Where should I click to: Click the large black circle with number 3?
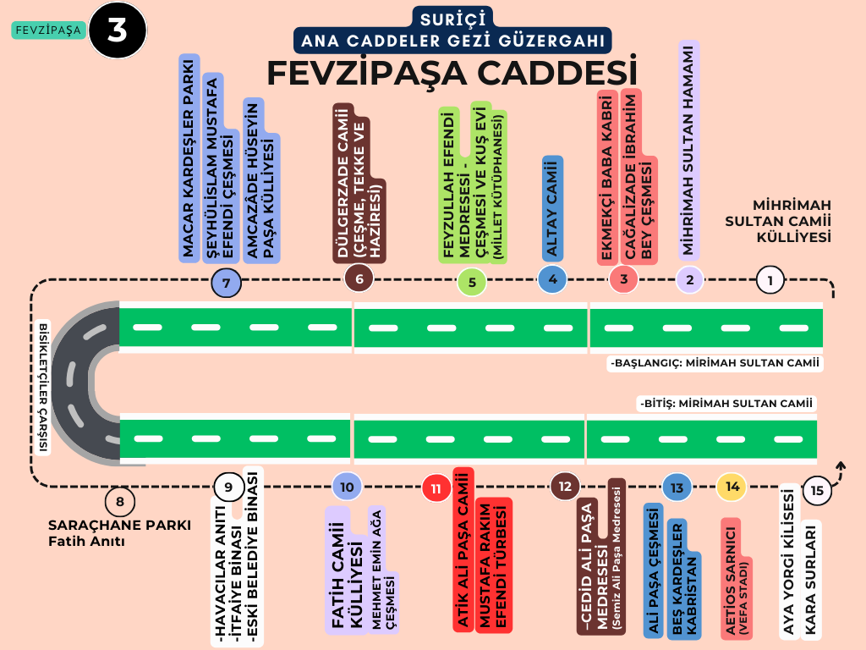click(117, 30)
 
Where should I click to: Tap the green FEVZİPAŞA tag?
click(48, 30)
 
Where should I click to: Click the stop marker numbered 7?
click(227, 282)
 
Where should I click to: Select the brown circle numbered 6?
click(359, 278)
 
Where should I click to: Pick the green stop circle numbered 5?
click(471, 282)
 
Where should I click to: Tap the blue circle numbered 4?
click(551, 278)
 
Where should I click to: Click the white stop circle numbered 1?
click(770, 278)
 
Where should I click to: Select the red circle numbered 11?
click(436, 487)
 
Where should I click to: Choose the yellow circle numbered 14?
click(732, 487)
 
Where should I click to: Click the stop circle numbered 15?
click(816, 489)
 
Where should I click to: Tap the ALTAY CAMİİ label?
click(552, 207)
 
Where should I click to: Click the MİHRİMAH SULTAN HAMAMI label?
click(688, 150)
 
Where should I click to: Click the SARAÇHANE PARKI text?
click(119, 524)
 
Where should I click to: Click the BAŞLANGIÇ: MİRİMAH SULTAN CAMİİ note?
click(715, 363)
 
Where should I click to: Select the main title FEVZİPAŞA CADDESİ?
click(452, 73)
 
